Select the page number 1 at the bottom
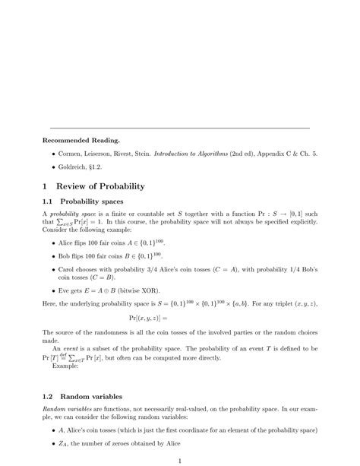pyautogui.click(x=180, y=461)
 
